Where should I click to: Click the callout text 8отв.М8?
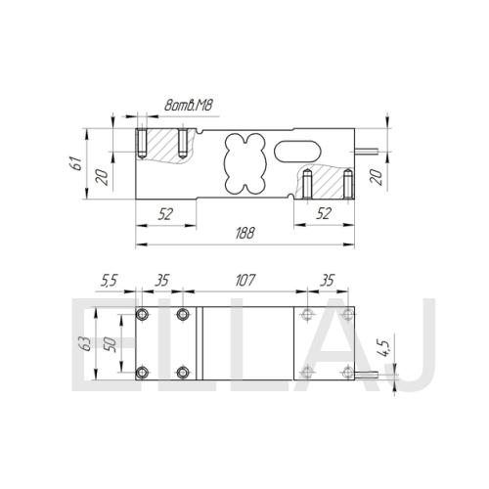pos(189,106)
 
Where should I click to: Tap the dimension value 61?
pos(76,163)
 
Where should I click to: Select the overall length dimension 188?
pos(245,234)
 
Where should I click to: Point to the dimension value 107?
pos(245,281)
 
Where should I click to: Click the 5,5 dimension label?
pos(109,281)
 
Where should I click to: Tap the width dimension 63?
pos(86,344)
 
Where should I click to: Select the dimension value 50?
pos(110,344)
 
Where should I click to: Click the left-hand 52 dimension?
pos(166,214)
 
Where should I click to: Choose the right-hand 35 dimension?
pos(327,281)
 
